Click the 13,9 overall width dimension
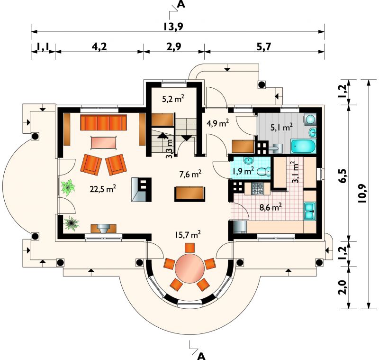tap(173, 27)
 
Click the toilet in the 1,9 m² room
tap(264, 172)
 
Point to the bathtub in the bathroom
tap(303, 146)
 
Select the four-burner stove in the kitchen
tap(257, 189)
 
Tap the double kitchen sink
tap(310, 211)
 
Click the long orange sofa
tap(103, 123)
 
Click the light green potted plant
tap(68, 187)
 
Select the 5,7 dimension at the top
tap(264, 46)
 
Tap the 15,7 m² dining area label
tap(188, 235)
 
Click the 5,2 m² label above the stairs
tap(173, 99)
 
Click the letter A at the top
tap(181, 4)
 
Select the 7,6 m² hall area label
tap(190, 174)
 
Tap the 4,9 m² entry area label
tap(218, 123)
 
